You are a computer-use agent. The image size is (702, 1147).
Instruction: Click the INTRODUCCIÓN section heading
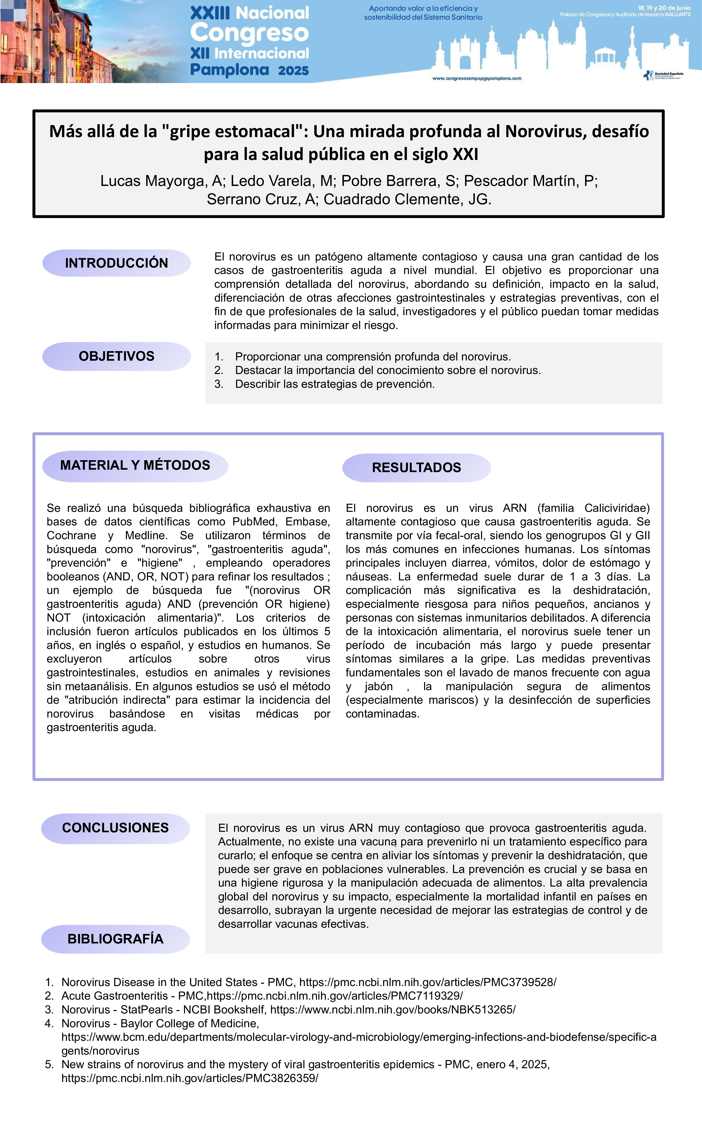point(116,263)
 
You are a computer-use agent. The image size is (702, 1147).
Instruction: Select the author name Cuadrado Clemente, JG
point(407,199)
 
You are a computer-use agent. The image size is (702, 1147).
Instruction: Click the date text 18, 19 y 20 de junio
point(664,8)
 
